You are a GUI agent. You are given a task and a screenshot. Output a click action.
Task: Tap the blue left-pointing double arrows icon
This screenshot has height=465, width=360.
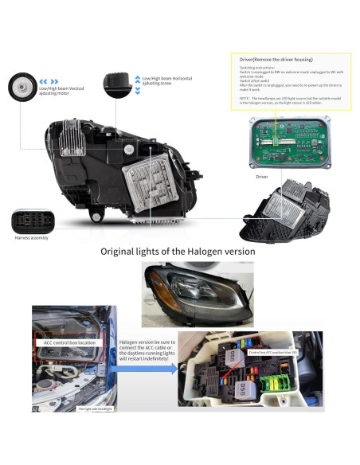(49, 80)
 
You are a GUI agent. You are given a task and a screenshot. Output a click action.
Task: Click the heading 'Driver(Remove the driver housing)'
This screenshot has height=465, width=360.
(276, 60)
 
